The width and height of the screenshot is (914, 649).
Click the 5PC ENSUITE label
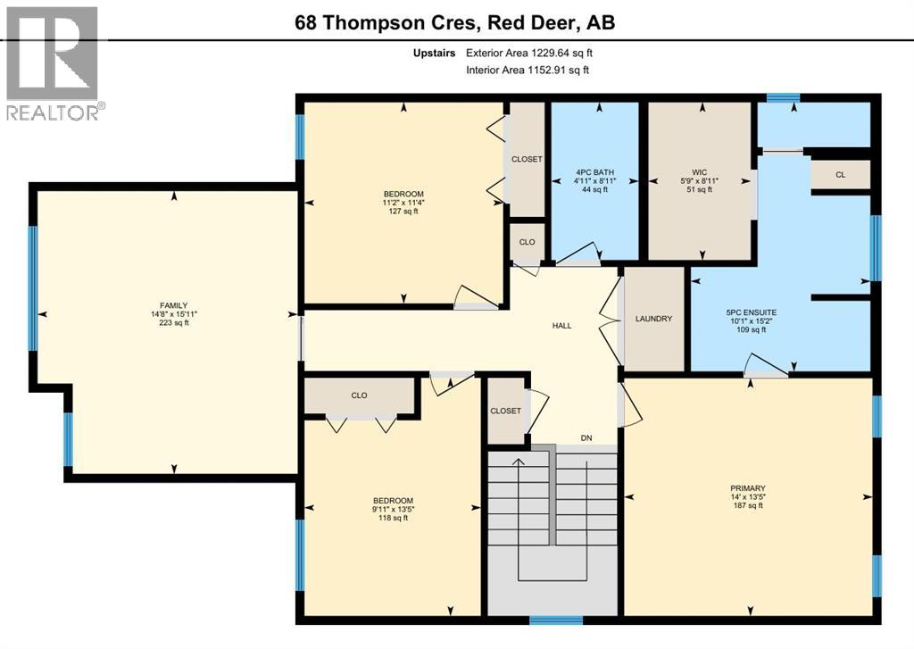tap(751, 312)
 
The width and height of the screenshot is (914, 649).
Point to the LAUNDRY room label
tap(652, 319)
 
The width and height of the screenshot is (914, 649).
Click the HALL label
tap(561, 326)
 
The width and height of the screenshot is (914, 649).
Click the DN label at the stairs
tap(586, 438)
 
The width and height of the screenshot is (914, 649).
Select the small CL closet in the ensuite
tap(840, 175)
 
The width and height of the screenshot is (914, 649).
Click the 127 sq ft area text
tap(403, 212)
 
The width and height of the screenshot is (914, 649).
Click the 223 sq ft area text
tap(173, 323)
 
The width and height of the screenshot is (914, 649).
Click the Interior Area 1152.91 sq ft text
tap(527, 70)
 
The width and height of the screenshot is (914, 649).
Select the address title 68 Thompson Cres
tap(454, 22)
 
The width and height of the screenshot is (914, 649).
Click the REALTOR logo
tap(54, 62)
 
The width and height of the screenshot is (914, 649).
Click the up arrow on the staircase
tap(518, 462)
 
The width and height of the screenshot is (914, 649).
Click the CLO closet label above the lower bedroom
tap(359, 395)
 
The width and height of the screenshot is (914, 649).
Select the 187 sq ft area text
tap(747, 505)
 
